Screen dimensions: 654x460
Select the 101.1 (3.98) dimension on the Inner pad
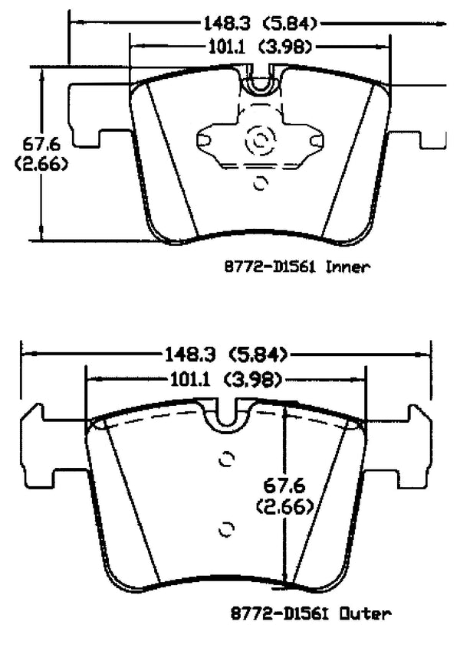coord(258,47)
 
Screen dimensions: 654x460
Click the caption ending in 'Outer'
coord(311,613)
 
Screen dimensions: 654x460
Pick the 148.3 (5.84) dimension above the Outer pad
coord(224,354)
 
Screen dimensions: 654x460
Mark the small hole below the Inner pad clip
coord(260,182)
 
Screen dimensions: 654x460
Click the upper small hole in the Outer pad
coord(225,459)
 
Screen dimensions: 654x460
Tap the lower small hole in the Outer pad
coord(225,528)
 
